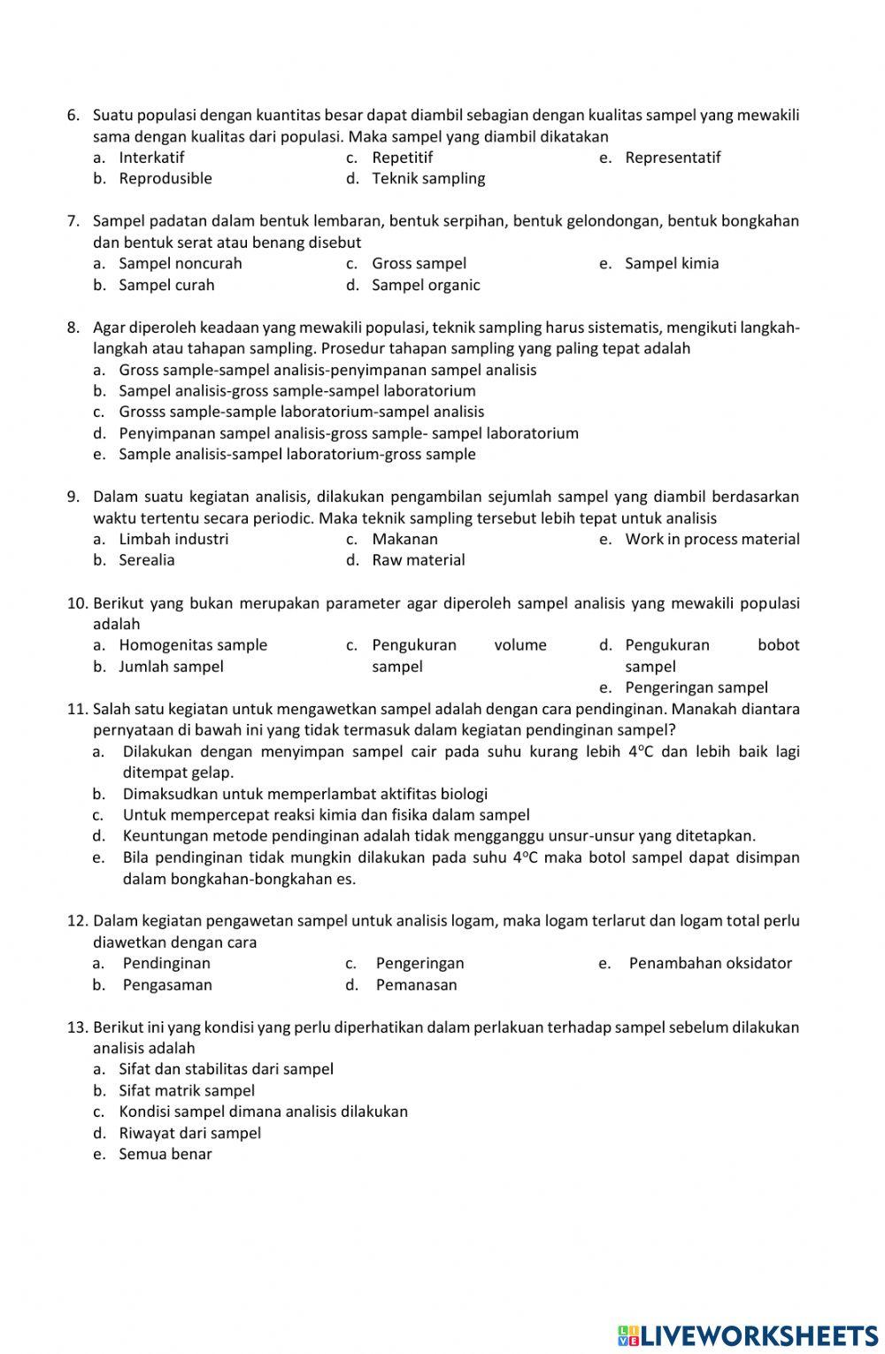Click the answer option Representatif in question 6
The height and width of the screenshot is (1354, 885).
pyautogui.click(x=673, y=158)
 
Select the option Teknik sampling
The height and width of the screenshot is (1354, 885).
pyautogui.click(x=428, y=179)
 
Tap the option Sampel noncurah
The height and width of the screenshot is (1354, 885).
pyautogui.click(x=181, y=264)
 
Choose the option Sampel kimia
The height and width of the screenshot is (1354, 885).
pyautogui.click(x=672, y=264)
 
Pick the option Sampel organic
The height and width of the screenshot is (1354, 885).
pyautogui.click(x=426, y=285)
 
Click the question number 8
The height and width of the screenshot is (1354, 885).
pyautogui.click(x=74, y=327)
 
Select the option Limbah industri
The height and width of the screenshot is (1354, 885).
pyautogui.click(x=173, y=539)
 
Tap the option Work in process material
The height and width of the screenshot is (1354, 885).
pyautogui.click(x=712, y=539)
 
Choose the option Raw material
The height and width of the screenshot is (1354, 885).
pyautogui.click(x=418, y=560)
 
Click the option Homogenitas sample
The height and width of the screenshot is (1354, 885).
pyautogui.click(x=193, y=645)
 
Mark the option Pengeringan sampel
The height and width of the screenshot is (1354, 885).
pyautogui.click(x=696, y=688)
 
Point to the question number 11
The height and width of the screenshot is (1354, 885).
pyautogui.click(x=78, y=709)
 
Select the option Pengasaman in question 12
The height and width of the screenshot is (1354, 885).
pyautogui.click(x=167, y=985)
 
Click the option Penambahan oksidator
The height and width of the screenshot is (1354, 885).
pyautogui.click(x=710, y=964)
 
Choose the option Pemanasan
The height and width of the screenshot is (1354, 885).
pyautogui.click(x=416, y=985)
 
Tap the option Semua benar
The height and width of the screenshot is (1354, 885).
pyautogui.click(x=165, y=1154)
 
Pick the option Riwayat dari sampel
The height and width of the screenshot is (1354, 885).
pyautogui.click(x=189, y=1133)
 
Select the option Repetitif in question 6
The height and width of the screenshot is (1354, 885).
pyautogui.click(x=402, y=158)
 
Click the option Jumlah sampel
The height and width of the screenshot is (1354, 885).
pyautogui.click(x=171, y=666)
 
